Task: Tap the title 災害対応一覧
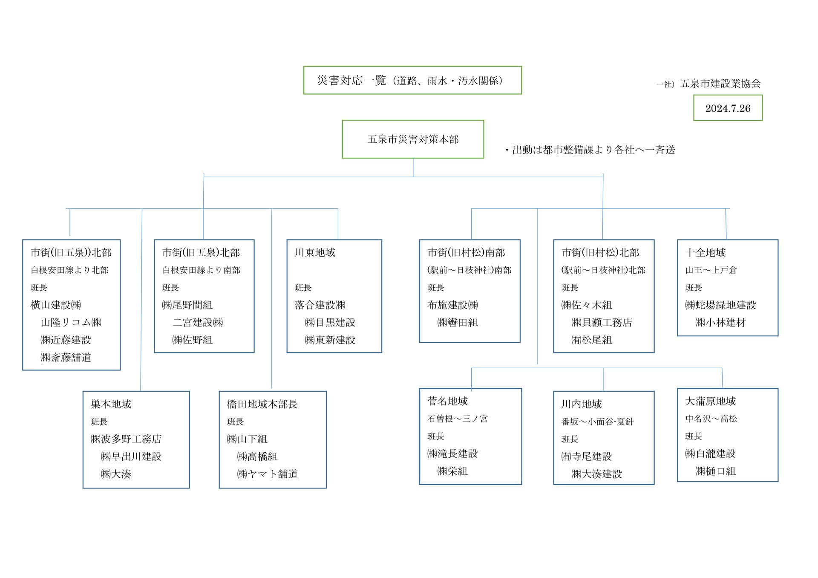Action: coord(351,80)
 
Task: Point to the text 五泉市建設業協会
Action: coord(720,84)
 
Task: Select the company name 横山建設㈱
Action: coord(56,305)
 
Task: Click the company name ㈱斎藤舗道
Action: coord(66,357)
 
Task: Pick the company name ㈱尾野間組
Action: coord(187,305)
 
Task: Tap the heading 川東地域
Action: coord(315,252)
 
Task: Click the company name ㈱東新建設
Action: coord(330,340)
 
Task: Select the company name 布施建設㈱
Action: coord(453,305)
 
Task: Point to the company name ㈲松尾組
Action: coord(592,340)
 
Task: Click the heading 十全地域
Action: coord(706,252)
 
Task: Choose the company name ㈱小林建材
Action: coord(721,322)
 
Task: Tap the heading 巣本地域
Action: coord(111,404)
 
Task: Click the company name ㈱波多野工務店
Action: coord(126,439)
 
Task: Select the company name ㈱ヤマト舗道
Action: coord(268,474)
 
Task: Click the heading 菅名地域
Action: coord(448,401)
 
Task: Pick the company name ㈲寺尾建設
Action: coord(587,456)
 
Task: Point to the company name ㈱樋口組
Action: coord(716,471)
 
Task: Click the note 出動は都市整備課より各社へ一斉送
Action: coord(594,150)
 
